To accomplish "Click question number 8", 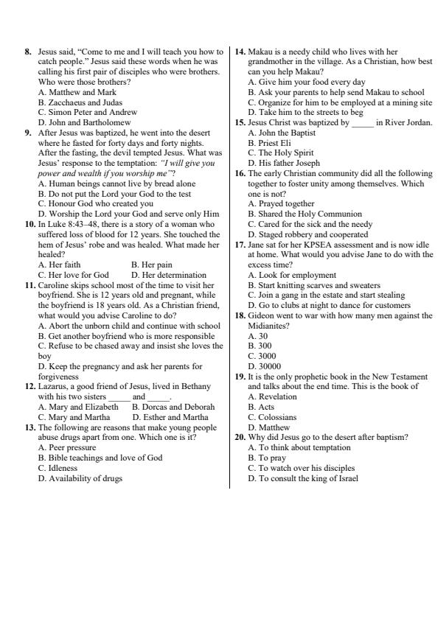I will click(x=28, y=52).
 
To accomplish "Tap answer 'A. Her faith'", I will click(x=60, y=264).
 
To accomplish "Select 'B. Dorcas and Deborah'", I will click(x=173, y=407).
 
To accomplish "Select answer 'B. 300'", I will click(x=260, y=345).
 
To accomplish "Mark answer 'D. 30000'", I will click(x=265, y=366).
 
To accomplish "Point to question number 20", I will click(x=240, y=437).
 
